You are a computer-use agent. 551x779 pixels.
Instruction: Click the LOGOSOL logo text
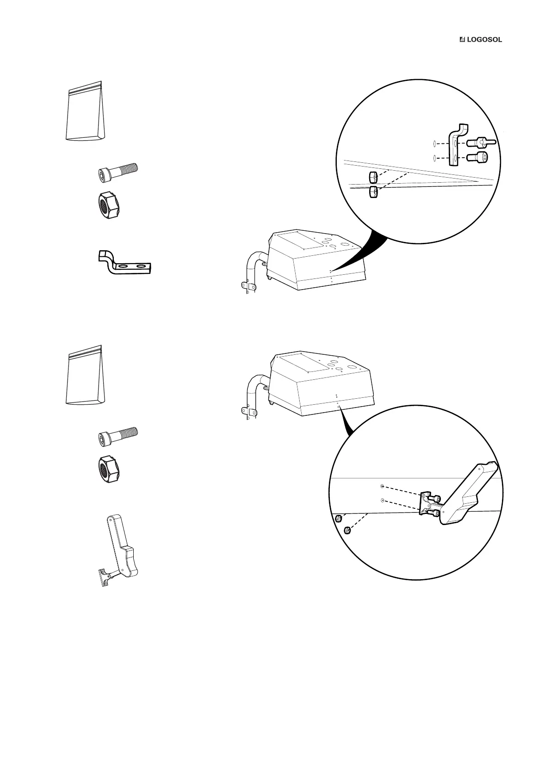tap(484, 40)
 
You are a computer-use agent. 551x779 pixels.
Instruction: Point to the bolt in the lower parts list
tap(118, 435)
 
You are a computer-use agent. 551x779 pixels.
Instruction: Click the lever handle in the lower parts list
tap(121, 548)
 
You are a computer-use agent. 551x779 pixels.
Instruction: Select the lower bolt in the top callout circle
tap(477, 158)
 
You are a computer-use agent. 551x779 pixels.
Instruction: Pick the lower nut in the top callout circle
tap(373, 192)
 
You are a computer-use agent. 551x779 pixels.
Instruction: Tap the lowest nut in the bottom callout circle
tap(348, 530)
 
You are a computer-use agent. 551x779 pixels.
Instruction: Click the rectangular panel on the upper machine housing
tap(299, 241)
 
